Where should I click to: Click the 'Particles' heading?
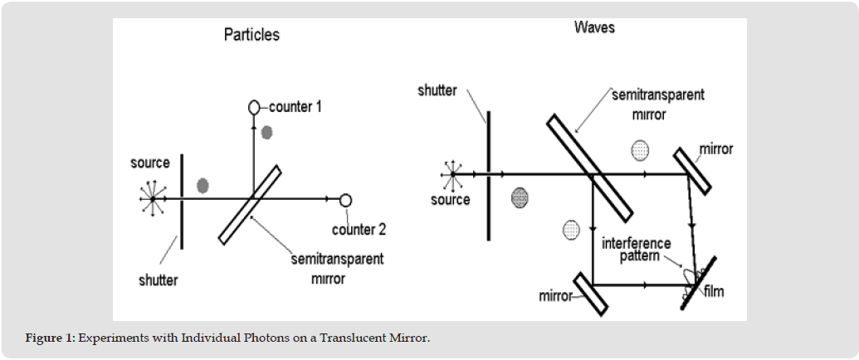point(251,35)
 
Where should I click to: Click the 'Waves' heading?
point(594,27)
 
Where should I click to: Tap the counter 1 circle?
point(254,107)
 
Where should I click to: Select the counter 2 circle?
point(345,201)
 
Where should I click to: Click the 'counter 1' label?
point(295,107)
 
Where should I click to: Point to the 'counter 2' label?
point(359,229)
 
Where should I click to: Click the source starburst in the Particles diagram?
point(153,198)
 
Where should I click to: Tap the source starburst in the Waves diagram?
point(453,174)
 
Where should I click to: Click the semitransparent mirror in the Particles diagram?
point(250,204)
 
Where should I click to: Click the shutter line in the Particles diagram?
point(181,202)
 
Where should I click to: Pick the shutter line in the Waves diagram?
point(488,175)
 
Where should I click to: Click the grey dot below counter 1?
point(266,132)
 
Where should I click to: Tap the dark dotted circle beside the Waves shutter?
point(520,197)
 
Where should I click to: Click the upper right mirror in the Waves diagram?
point(692,171)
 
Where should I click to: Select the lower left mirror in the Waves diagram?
point(591,294)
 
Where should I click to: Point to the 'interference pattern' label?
point(636,250)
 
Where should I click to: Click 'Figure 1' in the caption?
point(50,338)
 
